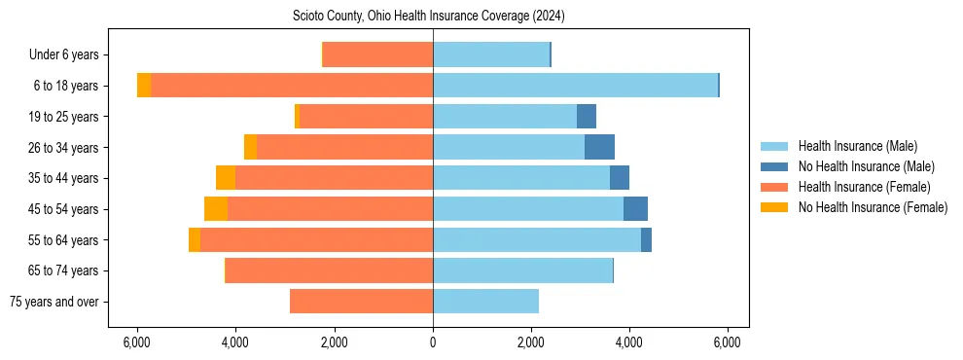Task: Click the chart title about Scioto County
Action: (429, 17)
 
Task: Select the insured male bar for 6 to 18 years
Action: (575, 86)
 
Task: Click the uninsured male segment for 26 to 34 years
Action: (599, 147)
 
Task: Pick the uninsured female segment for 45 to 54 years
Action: (216, 209)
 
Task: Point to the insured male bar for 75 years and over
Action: (485, 302)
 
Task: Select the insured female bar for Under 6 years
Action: (377, 54)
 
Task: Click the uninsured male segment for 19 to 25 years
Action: (587, 117)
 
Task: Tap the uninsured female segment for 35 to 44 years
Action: (226, 178)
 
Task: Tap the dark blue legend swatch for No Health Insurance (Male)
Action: (774, 166)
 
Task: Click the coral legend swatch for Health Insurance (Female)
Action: (774, 187)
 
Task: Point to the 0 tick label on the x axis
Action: (433, 342)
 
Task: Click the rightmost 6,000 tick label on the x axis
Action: (728, 342)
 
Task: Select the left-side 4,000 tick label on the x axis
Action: (236, 342)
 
